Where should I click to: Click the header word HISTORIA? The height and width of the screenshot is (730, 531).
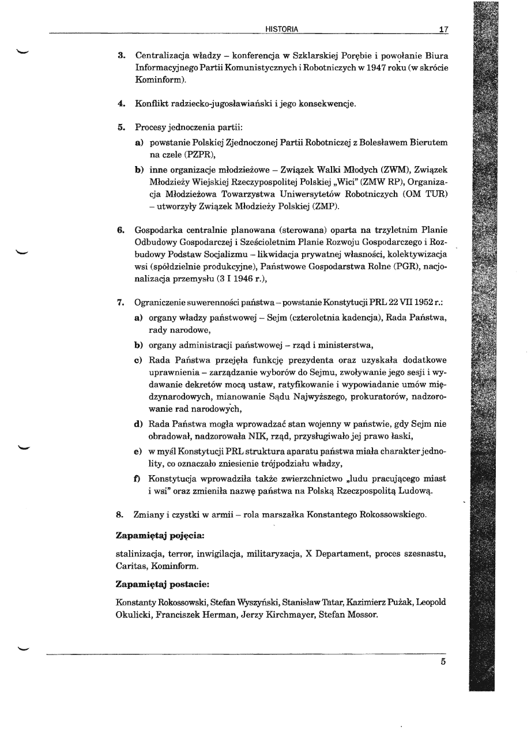[x=282, y=29]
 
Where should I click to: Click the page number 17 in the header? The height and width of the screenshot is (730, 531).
[x=443, y=29]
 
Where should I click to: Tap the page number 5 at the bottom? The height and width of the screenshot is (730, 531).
[x=443, y=661]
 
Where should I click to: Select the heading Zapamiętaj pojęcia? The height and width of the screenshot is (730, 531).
[x=153, y=536]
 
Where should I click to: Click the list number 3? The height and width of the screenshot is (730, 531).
[x=121, y=56]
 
